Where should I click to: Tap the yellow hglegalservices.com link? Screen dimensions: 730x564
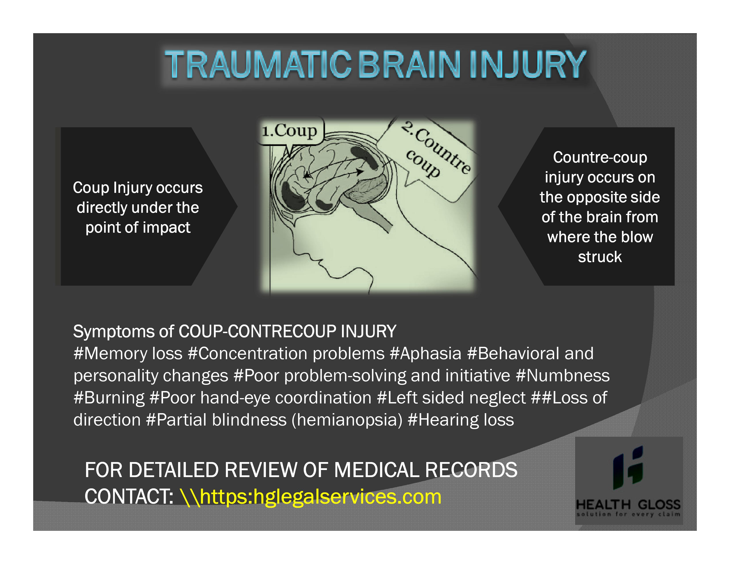pos(311,497)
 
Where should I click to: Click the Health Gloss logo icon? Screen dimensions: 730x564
pos(628,468)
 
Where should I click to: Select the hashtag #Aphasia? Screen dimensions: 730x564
pos(425,353)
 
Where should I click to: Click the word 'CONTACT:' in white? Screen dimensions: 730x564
pos(129,497)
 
